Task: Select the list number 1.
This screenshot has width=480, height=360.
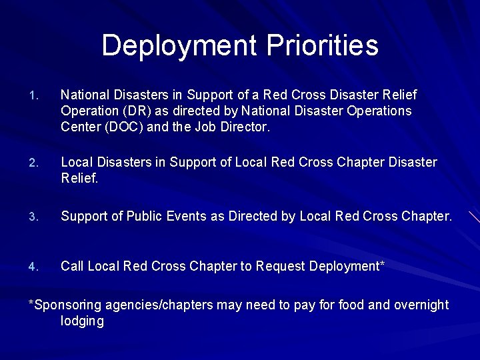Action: (35, 96)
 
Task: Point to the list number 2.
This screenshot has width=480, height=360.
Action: (35, 163)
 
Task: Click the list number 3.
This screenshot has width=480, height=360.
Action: (35, 217)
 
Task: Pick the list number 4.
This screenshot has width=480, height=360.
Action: (35, 267)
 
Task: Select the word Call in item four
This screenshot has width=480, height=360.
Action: (73, 266)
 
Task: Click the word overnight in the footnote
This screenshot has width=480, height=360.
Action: (422, 305)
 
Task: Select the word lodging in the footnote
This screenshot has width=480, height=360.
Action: (82, 321)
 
